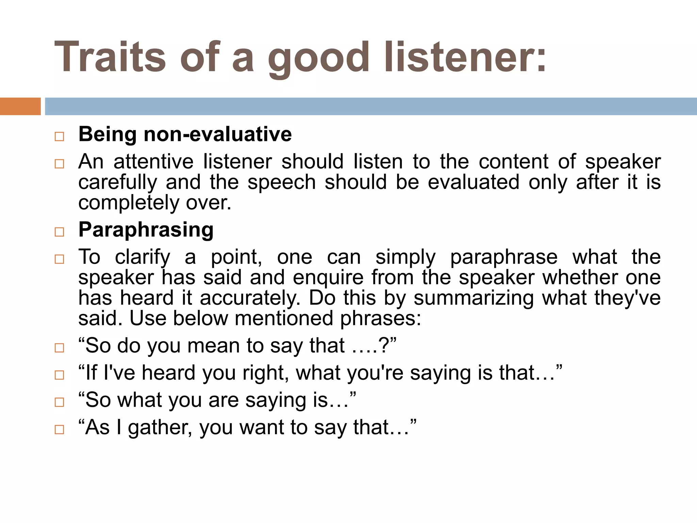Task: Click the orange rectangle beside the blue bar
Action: pos(20,106)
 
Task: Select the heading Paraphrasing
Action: pos(146,230)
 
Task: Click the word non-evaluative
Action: pos(218,134)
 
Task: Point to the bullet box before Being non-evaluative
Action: pos(59,137)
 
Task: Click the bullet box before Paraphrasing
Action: pos(59,232)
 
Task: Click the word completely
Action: pos(129,203)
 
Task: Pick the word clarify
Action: pos(142,257)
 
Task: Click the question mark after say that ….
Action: pos(384,346)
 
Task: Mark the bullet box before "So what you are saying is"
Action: pos(59,402)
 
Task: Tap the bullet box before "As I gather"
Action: pos(59,429)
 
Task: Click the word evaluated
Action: pos(473,182)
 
